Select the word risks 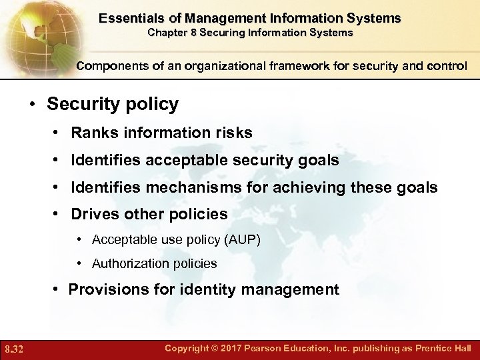point(233,133)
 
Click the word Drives point(93,215)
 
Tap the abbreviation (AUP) point(245,239)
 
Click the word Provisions point(104,289)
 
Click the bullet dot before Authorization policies point(79,263)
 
